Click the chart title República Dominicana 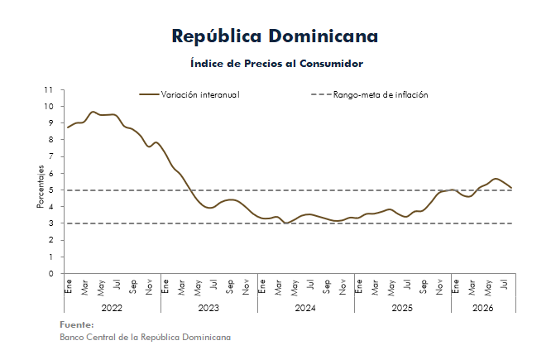275,36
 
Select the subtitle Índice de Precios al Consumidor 276,64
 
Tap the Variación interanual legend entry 189,94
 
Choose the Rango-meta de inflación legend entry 369,94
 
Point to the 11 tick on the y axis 49,89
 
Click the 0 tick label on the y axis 51,273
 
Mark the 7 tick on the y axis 51,156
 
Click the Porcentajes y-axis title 41,187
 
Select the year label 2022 112,309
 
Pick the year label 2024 305,309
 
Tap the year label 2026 483,309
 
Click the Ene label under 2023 165,286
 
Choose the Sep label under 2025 424,286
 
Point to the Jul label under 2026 505,285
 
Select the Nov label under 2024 343,287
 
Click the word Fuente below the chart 77,324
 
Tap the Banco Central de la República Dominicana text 145,337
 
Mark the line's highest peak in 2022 93,112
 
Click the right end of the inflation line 511,188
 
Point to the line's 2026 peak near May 496,179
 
